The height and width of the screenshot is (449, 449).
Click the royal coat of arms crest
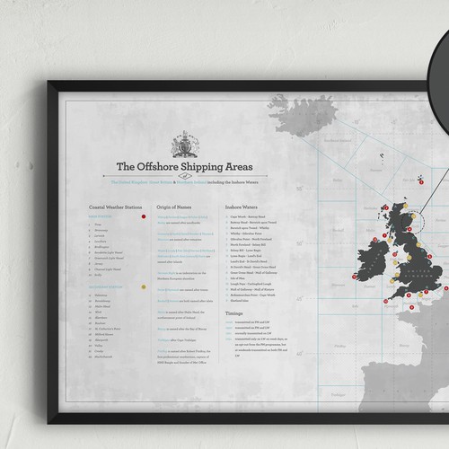[183, 145]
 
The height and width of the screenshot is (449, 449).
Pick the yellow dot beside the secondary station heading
[143, 286]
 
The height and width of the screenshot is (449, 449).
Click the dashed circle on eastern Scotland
[414, 218]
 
